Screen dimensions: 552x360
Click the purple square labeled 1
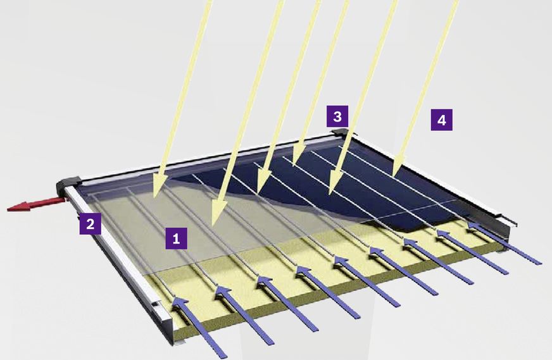click(177, 239)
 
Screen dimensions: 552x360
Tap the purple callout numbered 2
click(90, 224)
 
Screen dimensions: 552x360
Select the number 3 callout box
click(337, 116)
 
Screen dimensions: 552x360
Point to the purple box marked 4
click(441, 120)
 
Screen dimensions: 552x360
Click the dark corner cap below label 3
click(340, 132)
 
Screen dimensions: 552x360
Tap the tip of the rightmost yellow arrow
click(394, 175)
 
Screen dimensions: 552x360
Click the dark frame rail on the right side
click(433, 183)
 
